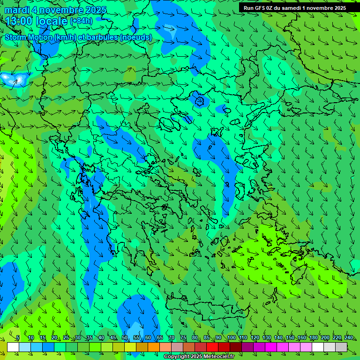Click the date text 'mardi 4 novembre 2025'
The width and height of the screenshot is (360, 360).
[x=55, y=10]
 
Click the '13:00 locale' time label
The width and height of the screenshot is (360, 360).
[x=37, y=21]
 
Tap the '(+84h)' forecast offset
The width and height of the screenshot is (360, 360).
[x=81, y=21]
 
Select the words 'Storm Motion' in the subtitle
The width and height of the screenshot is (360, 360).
[x=29, y=37]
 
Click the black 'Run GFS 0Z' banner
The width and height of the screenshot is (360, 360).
[x=294, y=8]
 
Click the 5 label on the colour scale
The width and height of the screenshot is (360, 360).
[x=18, y=338]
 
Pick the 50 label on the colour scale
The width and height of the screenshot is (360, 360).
[x=125, y=338]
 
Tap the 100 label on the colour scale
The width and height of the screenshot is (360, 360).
[x=231, y=338]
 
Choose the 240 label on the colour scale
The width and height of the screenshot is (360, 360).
[x=349, y=338]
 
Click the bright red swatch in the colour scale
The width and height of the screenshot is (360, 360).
[x=212, y=347]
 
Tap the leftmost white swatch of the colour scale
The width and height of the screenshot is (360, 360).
[x=13, y=347]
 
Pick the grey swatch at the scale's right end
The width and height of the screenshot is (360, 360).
[x=341, y=347]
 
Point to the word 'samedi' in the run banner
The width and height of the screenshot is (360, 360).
[x=298, y=8]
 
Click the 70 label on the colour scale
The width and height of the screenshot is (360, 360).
[x=172, y=338]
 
